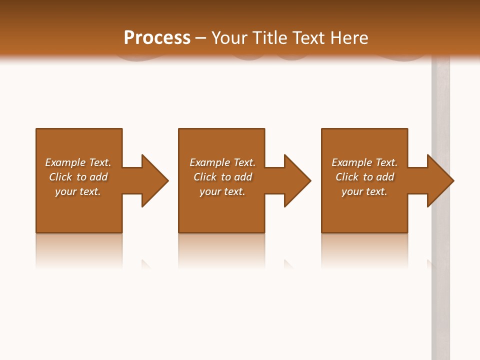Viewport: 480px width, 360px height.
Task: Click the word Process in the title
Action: tap(157, 38)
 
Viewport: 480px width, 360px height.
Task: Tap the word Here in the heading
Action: tap(348, 38)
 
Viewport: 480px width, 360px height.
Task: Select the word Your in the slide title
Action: tap(228, 38)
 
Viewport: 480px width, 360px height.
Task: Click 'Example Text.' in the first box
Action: tap(78, 162)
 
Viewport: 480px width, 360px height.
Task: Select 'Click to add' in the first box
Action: tap(78, 177)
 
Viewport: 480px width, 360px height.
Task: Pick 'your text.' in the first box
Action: tap(78, 191)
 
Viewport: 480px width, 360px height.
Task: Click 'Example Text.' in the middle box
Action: tap(222, 162)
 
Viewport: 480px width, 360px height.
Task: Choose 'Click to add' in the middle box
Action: tap(222, 177)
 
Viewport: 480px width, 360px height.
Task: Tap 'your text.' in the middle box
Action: tap(222, 191)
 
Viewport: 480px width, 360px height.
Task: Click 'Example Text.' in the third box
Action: tap(364, 162)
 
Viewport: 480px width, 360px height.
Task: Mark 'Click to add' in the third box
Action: tap(364, 177)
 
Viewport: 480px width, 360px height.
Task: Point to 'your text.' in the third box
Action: tap(364, 191)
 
